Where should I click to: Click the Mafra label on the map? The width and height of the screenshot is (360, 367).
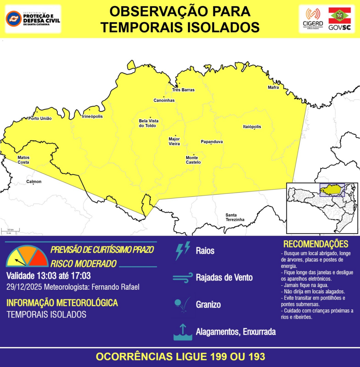[x=273, y=87]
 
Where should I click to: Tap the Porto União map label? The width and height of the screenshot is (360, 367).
[x=40, y=118]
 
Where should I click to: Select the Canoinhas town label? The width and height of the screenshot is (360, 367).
[x=164, y=100]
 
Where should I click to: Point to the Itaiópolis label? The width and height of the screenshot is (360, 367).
[x=252, y=127]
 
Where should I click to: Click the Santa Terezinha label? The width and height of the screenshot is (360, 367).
[x=235, y=217]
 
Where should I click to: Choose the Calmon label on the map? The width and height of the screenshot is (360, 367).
[x=34, y=182]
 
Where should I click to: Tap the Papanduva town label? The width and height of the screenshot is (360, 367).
[x=212, y=142]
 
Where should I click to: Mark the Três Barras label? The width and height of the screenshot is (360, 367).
[x=183, y=90]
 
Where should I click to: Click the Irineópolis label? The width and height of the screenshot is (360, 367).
[x=92, y=116]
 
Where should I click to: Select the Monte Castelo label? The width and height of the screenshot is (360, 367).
[x=193, y=160]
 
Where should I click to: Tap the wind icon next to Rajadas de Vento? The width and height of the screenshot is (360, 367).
[x=183, y=278]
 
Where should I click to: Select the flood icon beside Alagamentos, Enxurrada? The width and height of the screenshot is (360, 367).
[x=183, y=332]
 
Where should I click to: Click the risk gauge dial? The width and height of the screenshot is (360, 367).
[x=27, y=257]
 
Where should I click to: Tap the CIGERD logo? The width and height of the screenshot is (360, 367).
[x=313, y=19]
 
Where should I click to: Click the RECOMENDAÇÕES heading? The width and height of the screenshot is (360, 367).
[x=316, y=244]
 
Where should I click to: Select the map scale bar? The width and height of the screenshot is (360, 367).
[x=10, y=231]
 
